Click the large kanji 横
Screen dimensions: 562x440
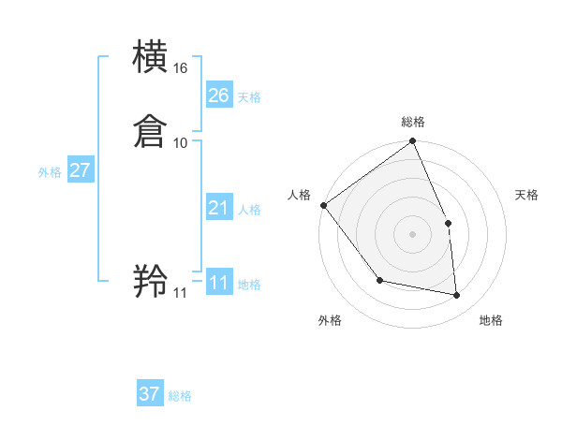click(151, 57)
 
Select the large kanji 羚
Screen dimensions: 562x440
click(151, 281)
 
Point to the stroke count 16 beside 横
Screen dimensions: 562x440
click(181, 68)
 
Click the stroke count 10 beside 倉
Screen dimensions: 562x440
click(181, 142)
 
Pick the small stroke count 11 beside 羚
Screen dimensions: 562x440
click(180, 293)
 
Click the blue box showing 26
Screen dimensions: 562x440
click(218, 95)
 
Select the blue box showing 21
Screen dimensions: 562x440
click(218, 208)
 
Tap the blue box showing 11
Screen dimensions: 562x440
click(218, 283)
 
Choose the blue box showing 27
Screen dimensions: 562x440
click(80, 170)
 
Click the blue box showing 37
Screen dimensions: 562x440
click(150, 394)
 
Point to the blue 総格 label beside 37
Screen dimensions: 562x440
click(180, 396)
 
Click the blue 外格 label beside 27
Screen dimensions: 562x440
click(50, 172)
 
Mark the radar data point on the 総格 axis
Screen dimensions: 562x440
click(412, 141)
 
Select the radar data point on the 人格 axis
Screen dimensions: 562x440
click(323, 205)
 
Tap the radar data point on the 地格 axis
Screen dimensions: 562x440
click(456, 295)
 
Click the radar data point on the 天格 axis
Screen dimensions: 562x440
click(448, 223)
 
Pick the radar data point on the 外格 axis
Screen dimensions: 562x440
click(379, 280)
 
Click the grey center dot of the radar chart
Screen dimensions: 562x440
click(412, 234)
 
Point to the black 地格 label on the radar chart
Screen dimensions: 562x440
click(491, 320)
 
